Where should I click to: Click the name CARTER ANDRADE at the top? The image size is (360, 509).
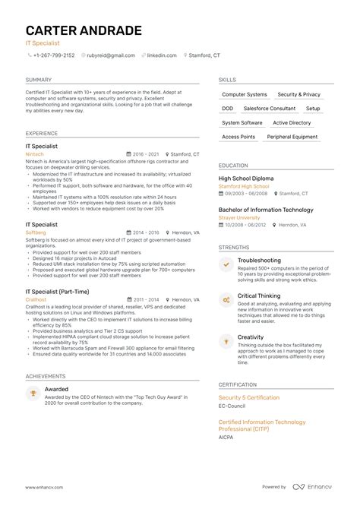coord(83,31)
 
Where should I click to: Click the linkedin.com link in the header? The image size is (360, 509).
coord(163,55)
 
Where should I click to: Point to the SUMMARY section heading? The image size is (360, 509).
coord(39,79)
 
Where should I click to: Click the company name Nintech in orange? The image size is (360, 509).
coord(34,153)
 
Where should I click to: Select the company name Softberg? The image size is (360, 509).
coord(35,232)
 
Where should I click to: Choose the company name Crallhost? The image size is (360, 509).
coord(36,299)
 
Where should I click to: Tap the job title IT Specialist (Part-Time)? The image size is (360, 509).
coord(56,291)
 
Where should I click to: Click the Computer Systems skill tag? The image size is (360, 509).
coord(244,95)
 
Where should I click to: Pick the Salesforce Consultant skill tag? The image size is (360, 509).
coord(271,109)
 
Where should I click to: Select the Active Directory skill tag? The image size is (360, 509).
coord(292,122)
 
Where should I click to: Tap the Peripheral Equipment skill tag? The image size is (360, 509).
coord(292,137)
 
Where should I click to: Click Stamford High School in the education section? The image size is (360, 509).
coord(244,185)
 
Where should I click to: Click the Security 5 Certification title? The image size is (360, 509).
coord(249,398)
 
